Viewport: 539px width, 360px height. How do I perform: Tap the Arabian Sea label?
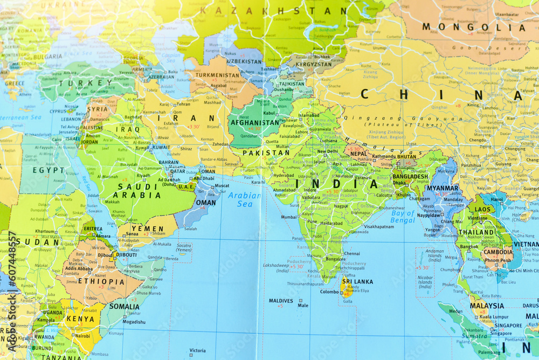244,200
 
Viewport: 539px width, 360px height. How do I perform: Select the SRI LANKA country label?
357,281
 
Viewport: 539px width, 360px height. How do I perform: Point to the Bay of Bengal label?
403,217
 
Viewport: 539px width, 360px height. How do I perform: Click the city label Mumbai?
289,217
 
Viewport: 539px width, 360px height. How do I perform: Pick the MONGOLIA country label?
466,27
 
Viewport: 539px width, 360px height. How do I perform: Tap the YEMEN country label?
147,228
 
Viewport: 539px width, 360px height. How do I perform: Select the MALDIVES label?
281,301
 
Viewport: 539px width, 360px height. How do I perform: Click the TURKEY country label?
86,83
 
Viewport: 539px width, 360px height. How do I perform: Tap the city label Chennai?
352,253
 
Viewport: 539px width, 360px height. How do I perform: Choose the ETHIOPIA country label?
101,281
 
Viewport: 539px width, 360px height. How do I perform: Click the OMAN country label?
205,203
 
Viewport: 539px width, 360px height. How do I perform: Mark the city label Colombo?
329,292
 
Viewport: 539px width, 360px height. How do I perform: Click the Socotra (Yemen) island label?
183,247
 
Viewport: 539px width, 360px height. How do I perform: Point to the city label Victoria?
197,350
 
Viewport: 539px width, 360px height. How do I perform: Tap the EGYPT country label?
49,170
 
